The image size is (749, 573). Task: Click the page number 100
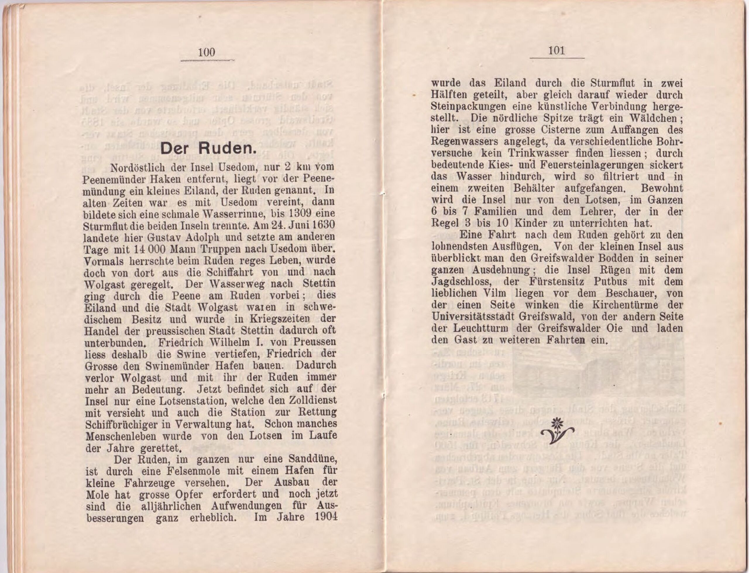click(x=206, y=52)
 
